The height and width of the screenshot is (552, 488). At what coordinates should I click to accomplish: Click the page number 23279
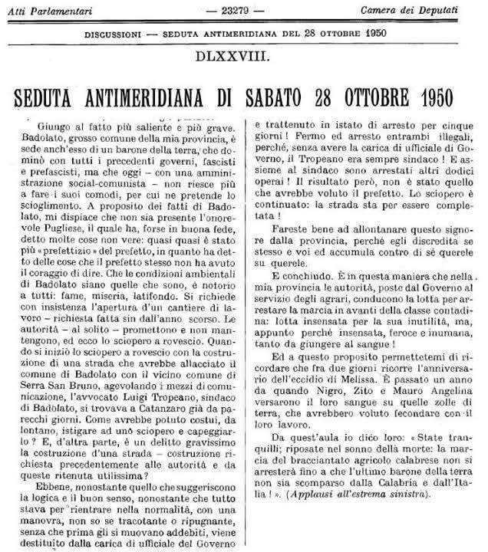click(243, 10)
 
